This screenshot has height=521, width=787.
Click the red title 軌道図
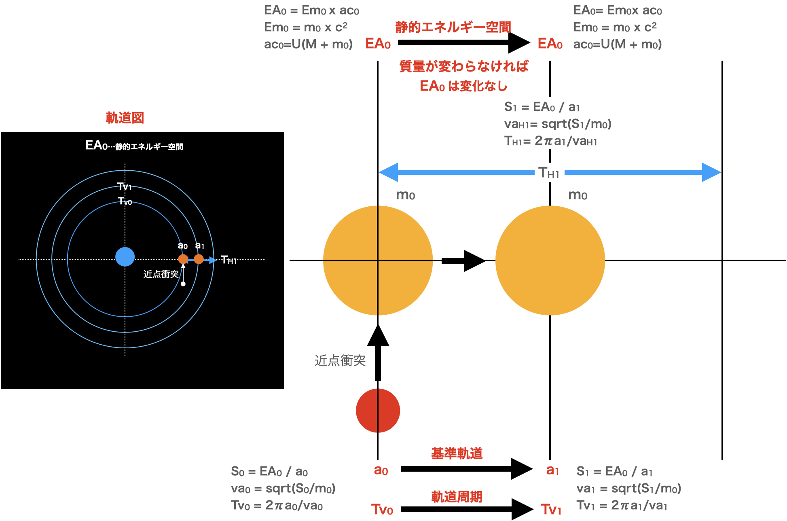tap(125, 118)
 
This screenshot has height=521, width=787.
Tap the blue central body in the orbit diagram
tap(125, 257)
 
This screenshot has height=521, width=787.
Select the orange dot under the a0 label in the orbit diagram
tap(183, 259)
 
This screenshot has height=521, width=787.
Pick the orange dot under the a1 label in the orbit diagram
tap(199, 259)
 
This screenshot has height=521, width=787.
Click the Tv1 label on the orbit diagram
tap(124, 186)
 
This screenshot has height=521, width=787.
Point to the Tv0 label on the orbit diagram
tap(125, 201)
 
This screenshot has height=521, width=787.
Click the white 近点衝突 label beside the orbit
tap(161, 274)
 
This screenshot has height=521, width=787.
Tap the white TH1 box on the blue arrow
tap(549, 173)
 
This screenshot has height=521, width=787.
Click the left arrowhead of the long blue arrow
tap(388, 172)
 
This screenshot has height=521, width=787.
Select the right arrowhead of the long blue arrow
tap(711, 172)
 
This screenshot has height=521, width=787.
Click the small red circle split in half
tap(378, 411)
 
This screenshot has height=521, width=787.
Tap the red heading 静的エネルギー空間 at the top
tap(453, 28)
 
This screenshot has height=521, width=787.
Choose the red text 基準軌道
tap(457, 453)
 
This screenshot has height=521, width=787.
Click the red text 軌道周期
tap(457, 497)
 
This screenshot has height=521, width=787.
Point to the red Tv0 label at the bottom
tap(382, 509)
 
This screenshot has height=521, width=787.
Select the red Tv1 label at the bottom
tap(551, 509)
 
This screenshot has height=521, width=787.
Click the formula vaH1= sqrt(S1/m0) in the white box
tap(558, 124)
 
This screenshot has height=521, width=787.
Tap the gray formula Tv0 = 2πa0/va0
tap(277, 505)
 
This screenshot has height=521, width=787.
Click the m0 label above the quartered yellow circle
tap(405, 195)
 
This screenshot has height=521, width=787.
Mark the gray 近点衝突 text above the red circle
tap(340, 360)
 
